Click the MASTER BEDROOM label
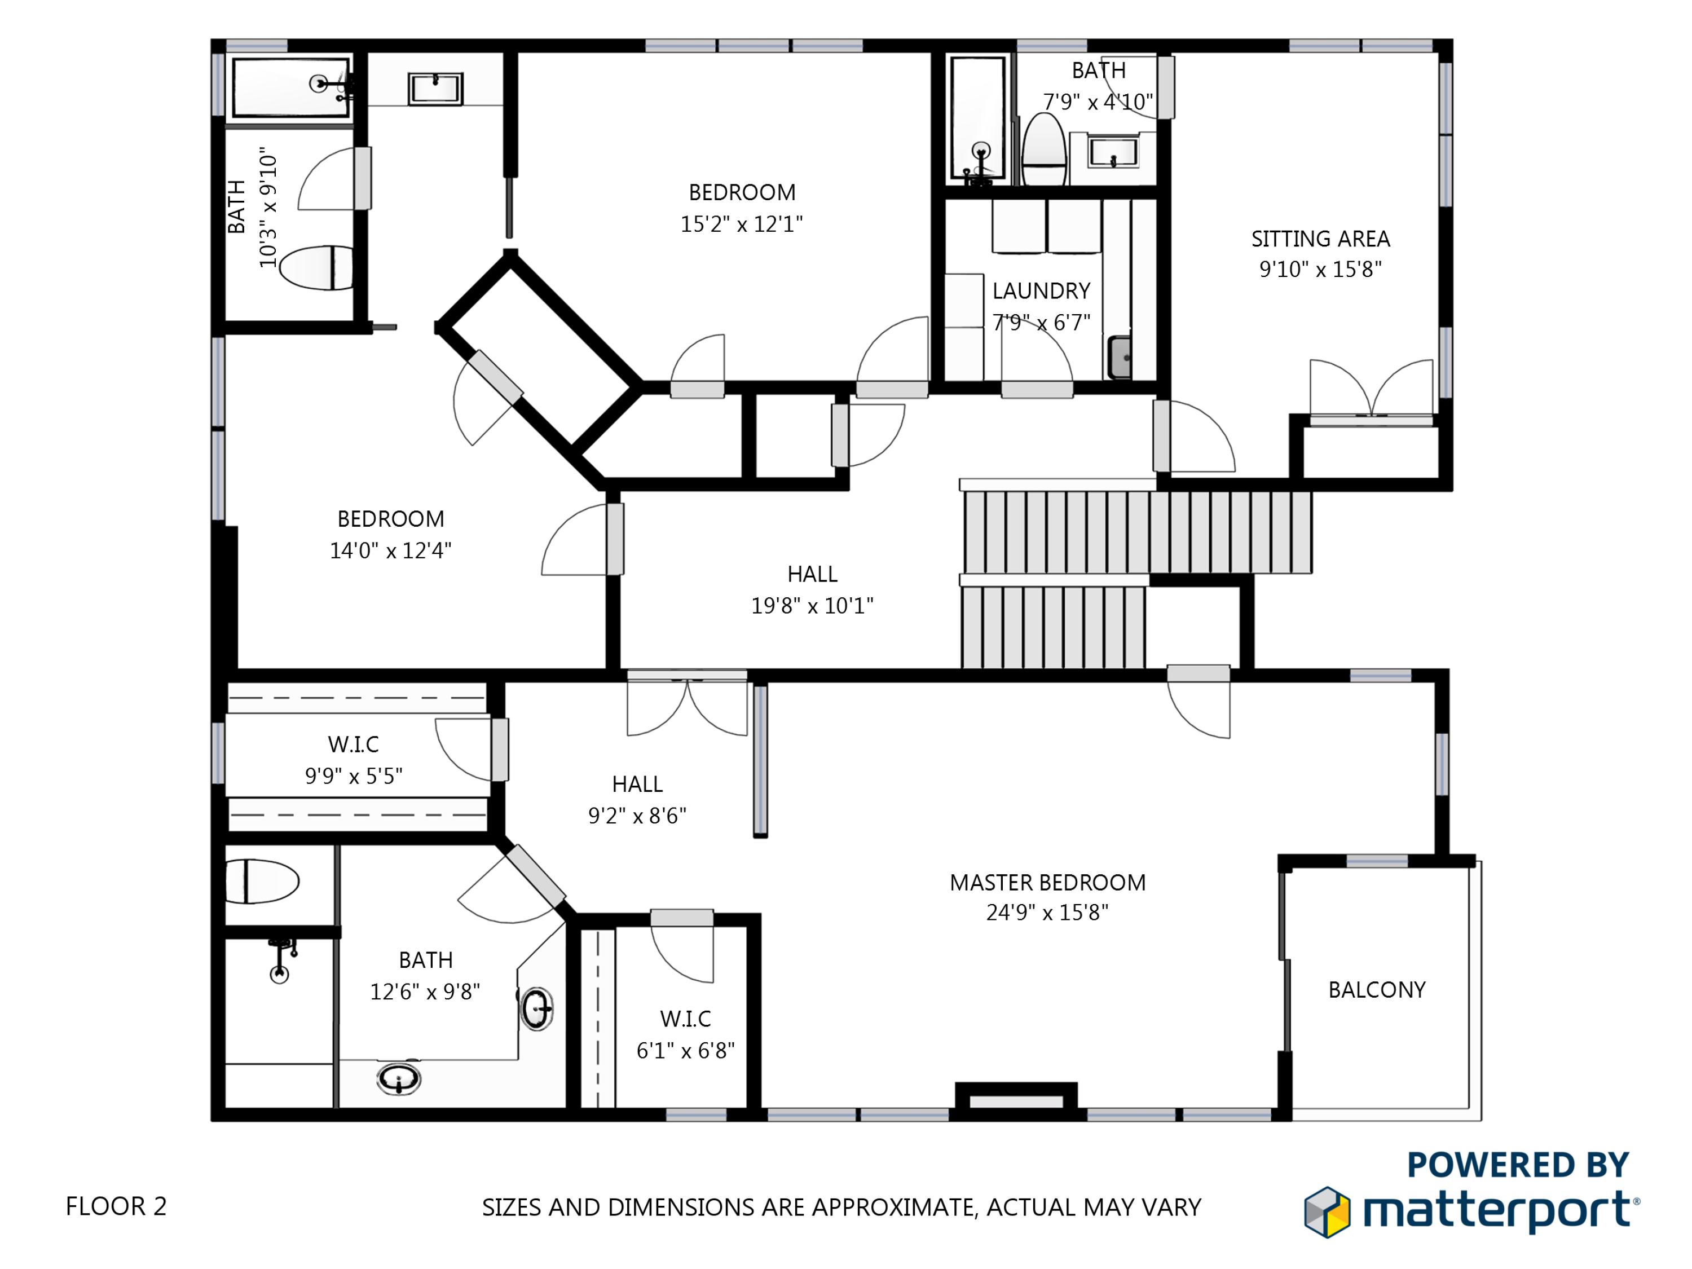(1047, 883)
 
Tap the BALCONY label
(1377, 990)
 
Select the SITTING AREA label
(1320, 239)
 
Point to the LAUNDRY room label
(1041, 290)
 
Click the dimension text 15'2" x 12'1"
(741, 224)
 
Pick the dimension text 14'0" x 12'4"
(390, 550)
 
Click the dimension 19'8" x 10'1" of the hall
(812, 606)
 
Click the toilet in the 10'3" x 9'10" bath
(316, 268)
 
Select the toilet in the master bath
(262, 881)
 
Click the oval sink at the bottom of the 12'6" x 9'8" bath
(399, 1079)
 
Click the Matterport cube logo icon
(1327, 1211)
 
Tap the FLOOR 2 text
(116, 1206)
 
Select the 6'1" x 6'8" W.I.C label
(685, 1035)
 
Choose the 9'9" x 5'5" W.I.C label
(354, 760)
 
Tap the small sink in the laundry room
(1120, 356)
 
